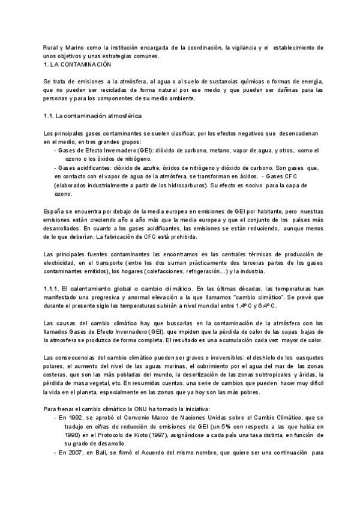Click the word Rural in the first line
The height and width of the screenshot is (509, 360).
51,47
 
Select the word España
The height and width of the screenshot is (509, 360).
54,212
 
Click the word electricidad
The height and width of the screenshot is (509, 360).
62,264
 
